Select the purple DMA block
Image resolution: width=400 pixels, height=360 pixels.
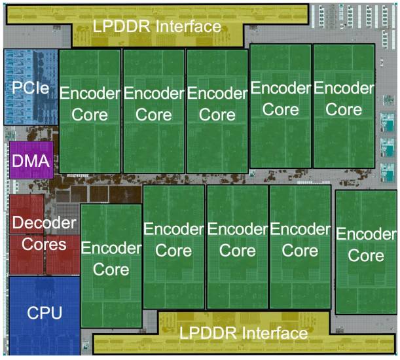click(x=31, y=160)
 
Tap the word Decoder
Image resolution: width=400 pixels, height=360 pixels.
click(x=45, y=223)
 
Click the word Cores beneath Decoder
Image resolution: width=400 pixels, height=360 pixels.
click(x=45, y=245)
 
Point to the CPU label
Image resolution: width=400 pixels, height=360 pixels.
click(x=45, y=313)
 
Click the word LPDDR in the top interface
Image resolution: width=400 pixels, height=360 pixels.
click(x=124, y=27)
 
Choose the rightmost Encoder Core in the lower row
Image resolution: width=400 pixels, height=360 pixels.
click(x=366, y=249)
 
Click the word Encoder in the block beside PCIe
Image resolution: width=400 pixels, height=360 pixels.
click(x=90, y=93)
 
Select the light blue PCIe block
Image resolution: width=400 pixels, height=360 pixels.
click(x=30, y=86)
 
